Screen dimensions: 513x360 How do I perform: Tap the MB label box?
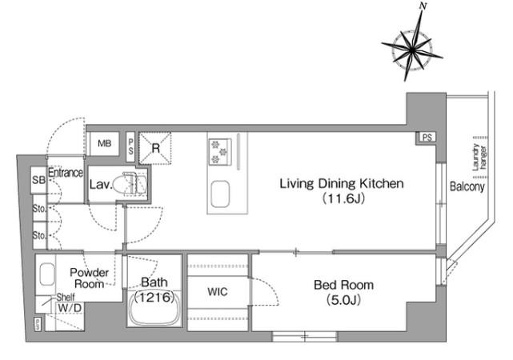tap(104, 143)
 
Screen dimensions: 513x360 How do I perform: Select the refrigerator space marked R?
tap(155, 148)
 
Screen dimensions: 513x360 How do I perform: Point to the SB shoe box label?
tap(38, 180)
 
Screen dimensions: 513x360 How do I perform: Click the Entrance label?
tap(66, 173)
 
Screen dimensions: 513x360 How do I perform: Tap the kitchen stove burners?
tap(219, 151)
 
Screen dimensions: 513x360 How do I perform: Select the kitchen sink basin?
tap(220, 194)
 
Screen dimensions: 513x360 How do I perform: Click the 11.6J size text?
tap(343, 198)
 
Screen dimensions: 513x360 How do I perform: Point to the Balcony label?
tap(467, 186)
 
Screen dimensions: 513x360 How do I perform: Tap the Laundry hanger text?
tap(479, 158)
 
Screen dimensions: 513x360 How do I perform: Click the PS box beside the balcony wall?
tap(427, 138)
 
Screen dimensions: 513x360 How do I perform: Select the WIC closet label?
tap(218, 292)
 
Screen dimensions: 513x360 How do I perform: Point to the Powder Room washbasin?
tap(47, 274)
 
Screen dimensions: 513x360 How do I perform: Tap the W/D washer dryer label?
tap(70, 308)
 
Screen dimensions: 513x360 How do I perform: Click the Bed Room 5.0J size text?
tap(343, 300)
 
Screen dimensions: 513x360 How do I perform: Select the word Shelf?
tap(66, 298)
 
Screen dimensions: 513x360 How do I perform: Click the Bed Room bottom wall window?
tap(305, 337)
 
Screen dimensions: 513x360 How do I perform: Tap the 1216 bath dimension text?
tap(154, 298)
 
